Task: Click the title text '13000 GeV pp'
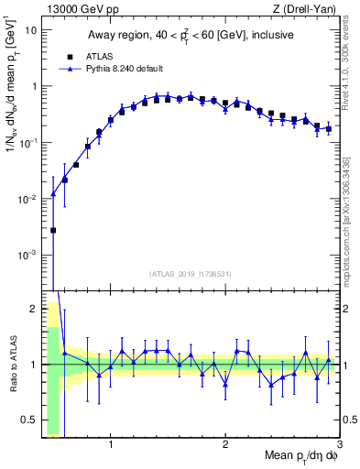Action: point(73,9)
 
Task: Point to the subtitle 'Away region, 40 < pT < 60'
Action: point(191,36)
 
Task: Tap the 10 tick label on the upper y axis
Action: point(29,29)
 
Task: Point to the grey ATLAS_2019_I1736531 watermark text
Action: point(191,274)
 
